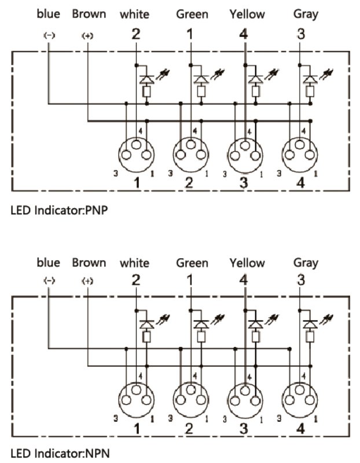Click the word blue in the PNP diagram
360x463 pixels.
tap(48, 13)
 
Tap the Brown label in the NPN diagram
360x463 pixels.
tap(89, 262)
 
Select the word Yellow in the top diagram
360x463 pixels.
tap(247, 14)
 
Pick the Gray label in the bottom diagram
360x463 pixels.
tap(306, 263)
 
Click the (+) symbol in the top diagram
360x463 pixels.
tap(87, 36)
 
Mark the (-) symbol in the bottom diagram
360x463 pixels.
tap(49, 281)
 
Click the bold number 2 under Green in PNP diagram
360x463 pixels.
tap(189, 183)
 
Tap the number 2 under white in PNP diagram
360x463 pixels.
tap(136, 34)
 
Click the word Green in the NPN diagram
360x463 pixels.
tap(192, 263)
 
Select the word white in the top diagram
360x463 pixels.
tap(134, 14)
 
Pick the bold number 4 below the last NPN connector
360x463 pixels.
tap(300, 429)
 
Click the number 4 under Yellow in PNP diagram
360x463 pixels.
tap(243, 34)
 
